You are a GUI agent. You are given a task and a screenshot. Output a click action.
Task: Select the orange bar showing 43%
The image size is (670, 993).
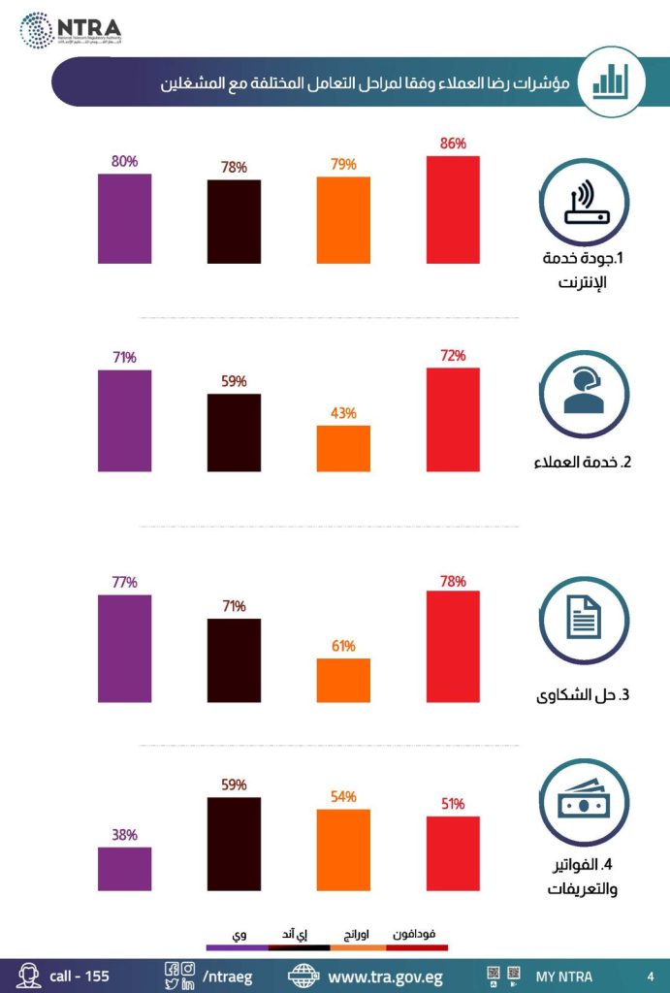pyautogui.click(x=343, y=448)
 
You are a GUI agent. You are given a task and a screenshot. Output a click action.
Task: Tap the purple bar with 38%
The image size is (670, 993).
pyautogui.click(x=124, y=868)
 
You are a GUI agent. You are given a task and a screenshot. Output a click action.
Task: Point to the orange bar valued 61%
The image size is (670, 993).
pyautogui.click(x=343, y=679)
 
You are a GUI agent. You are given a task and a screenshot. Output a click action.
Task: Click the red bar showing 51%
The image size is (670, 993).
pyautogui.click(x=453, y=852)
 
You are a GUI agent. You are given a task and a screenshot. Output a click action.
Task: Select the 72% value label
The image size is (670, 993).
pyautogui.click(x=453, y=356)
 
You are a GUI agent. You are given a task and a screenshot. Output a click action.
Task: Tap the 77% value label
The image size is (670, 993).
pyautogui.click(x=124, y=583)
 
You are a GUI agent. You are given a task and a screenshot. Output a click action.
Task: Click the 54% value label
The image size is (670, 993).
pyautogui.click(x=343, y=797)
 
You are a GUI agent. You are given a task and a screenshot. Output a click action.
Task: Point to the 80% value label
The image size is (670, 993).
pyautogui.click(x=124, y=162)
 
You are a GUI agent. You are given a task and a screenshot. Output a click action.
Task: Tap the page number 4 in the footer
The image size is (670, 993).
pyautogui.click(x=650, y=976)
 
